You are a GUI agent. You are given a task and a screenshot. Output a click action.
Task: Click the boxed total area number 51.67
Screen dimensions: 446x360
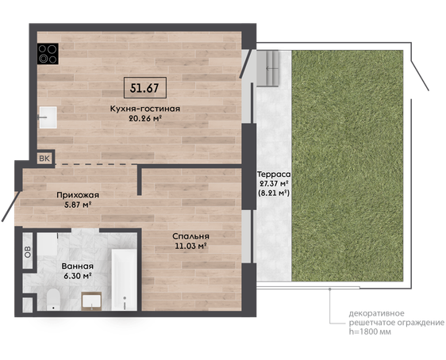tap(144, 88)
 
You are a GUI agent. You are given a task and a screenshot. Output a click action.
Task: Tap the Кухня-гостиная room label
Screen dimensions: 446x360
tap(145, 109)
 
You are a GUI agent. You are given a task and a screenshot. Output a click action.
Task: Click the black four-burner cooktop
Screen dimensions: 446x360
tap(48, 53)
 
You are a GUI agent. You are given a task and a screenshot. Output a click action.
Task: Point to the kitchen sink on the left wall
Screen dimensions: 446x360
tap(48, 117)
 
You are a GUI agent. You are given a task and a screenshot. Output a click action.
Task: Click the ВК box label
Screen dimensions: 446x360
tap(44, 159)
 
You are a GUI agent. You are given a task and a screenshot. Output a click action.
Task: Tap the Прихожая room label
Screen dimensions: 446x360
tap(78, 195)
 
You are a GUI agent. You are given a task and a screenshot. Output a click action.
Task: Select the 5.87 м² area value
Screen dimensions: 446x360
tap(78, 205)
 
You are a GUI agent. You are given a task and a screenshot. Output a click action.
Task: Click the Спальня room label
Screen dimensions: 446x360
tap(190, 236)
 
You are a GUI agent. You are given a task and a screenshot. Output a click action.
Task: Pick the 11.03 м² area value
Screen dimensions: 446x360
tap(190, 246)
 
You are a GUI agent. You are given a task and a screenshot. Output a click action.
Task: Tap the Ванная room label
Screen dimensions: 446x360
tap(77, 266)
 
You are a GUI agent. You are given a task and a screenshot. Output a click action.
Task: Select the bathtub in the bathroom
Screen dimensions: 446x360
tap(125, 280)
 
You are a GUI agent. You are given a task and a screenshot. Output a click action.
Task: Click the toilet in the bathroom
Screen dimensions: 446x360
tap(53, 300)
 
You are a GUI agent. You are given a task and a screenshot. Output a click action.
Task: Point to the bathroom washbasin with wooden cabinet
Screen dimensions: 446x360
tap(91, 301)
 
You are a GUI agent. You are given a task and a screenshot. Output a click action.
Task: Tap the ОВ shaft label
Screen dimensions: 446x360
tap(28, 251)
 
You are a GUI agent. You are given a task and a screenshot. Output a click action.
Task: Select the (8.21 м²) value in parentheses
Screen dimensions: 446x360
tap(273, 193)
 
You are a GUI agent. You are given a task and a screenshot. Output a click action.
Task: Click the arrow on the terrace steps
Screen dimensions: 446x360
tap(272, 68)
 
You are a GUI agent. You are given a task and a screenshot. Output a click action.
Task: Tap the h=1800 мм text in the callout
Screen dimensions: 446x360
tap(370, 331)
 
